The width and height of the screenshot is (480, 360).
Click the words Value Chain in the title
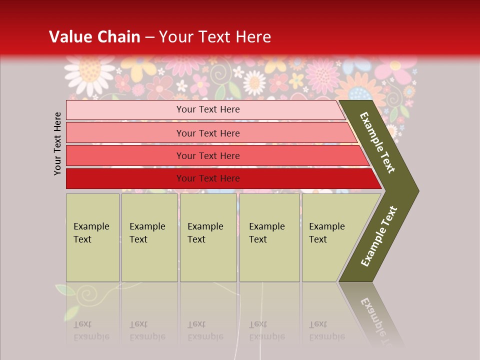pyautogui.click(x=94, y=37)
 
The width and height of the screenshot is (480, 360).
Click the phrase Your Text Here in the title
pyautogui.click(x=215, y=37)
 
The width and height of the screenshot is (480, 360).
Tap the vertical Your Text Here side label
pyautogui.click(x=57, y=143)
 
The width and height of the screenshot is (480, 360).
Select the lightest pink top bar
pyautogui.click(x=207, y=109)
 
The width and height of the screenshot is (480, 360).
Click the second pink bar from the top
pyautogui.click(x=207, y=133)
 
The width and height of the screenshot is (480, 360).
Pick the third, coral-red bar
pyautogui.click(x=207, y=155)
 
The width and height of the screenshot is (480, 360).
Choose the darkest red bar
pyautogui.click(x=207, y=178)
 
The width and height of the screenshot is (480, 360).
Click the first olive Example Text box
pyautogui.click(x=92, y=237)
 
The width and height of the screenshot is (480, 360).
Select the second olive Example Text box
pyautogui.click(x=149, y=237)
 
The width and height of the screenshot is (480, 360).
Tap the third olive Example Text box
pyautogui.click(x=208, y=237)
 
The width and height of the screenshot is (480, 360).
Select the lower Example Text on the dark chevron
pyautogui.click(x=379, y=236)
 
